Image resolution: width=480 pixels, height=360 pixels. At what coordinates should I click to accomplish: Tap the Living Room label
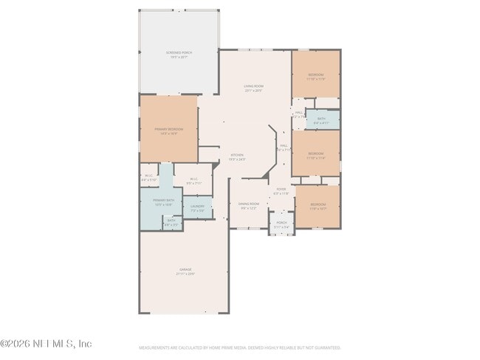254,86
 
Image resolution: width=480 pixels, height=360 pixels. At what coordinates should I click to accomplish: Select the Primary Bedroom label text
168,130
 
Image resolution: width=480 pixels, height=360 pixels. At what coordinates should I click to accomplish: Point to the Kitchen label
236,156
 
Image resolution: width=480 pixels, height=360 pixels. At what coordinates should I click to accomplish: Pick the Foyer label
281,190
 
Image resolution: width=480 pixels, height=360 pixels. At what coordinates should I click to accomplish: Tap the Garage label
185,271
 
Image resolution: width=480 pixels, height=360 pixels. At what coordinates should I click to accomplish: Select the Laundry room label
197,207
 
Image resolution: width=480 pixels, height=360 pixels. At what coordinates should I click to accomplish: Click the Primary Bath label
163,201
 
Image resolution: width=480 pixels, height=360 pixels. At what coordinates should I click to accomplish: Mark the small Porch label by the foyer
281,222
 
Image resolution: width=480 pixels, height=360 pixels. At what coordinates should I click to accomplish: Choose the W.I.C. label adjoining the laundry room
192,179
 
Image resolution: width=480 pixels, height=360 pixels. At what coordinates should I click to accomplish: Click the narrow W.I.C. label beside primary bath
148,176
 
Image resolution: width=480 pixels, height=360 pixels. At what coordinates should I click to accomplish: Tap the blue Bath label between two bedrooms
321,119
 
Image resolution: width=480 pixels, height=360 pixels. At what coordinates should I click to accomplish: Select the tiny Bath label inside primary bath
171,220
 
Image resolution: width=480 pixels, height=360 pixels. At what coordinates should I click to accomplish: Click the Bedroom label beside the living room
315,75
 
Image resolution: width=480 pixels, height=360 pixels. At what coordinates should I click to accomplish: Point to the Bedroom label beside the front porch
318,204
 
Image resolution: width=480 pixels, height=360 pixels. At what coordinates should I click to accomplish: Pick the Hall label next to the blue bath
298,113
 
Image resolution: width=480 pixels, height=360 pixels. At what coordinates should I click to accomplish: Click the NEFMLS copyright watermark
46,344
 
